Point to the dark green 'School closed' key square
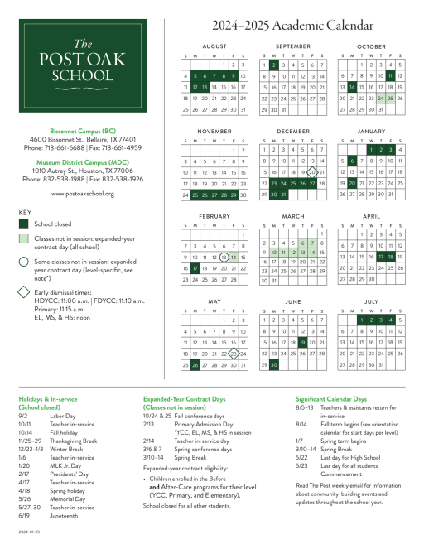click(x=24, y=224)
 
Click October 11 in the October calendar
click(x=389, y=75)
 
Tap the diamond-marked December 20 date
click(x=311, y=149)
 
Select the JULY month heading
click(x=371, y=301)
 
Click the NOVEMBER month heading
click(x=214, y=132)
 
